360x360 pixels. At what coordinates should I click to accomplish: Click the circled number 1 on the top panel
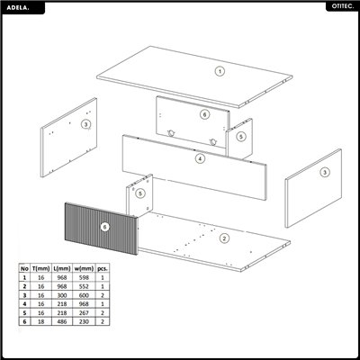click(x=218, y=70)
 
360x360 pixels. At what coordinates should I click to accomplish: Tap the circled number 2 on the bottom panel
click(x=224, y=238)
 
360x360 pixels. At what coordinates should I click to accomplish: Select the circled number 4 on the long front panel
click(x=200, y=159)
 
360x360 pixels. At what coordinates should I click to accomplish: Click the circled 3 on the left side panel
click(x=85, y=123)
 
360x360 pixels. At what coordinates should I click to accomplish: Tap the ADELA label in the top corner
click(x=20, y=6)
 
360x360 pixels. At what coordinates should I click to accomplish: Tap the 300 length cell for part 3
click(x=61, y=294)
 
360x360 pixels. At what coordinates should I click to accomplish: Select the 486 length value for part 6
click(x=61, y=319)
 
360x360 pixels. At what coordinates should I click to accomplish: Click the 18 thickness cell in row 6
click(x=40, y=319)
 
